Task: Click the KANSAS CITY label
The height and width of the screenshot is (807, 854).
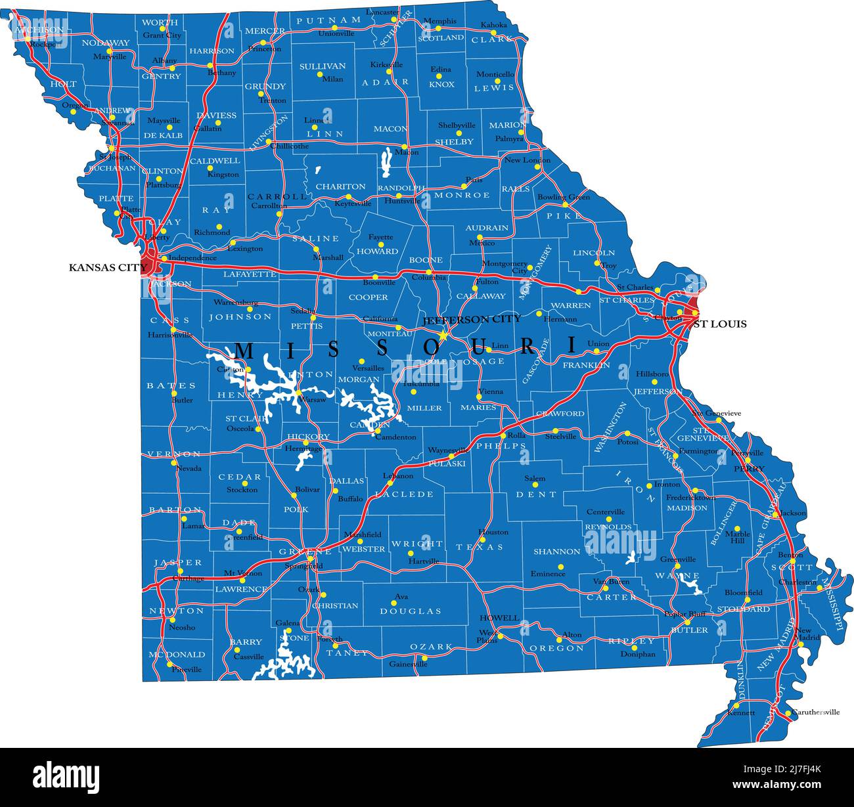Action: tap(108, 267)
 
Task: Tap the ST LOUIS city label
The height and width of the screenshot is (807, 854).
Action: tap(720, 324)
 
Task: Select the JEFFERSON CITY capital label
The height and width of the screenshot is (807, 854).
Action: tap(472, 319)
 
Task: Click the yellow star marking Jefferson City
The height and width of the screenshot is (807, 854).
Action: tap(443, 336)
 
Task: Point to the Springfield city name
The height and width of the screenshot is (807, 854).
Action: tap(303, 566)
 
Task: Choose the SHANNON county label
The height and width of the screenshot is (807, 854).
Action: tap(556, 552)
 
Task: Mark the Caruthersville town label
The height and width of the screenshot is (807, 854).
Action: tap(815, 712)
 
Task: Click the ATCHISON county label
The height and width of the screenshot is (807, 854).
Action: tap(39, 30)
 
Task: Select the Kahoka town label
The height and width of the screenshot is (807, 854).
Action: tap(494, 25)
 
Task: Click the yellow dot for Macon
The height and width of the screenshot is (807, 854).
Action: tap(405, 146)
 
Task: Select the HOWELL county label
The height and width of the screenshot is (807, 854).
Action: tap(499, 618)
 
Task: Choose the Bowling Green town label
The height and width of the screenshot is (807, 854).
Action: tap(563, 197)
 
